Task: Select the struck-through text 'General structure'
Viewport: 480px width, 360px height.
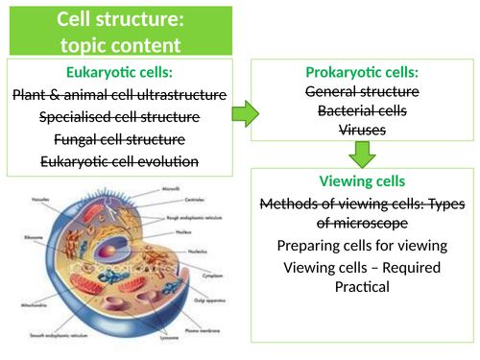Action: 362,91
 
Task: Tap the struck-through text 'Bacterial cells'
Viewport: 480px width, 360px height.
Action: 362,110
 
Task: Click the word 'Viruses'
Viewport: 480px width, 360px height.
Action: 362,130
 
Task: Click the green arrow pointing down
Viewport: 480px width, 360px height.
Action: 362,154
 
